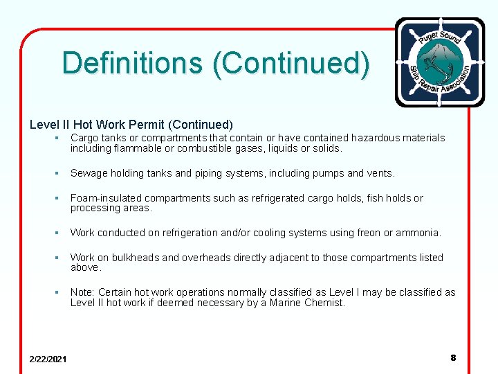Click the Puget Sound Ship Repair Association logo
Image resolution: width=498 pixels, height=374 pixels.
[x=439, y=62]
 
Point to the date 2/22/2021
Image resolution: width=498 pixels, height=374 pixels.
[x=48, y=359]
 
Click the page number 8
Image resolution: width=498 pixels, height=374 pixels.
[x=453, y=358]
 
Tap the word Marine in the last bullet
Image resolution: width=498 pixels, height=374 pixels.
[x=287, y=303]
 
